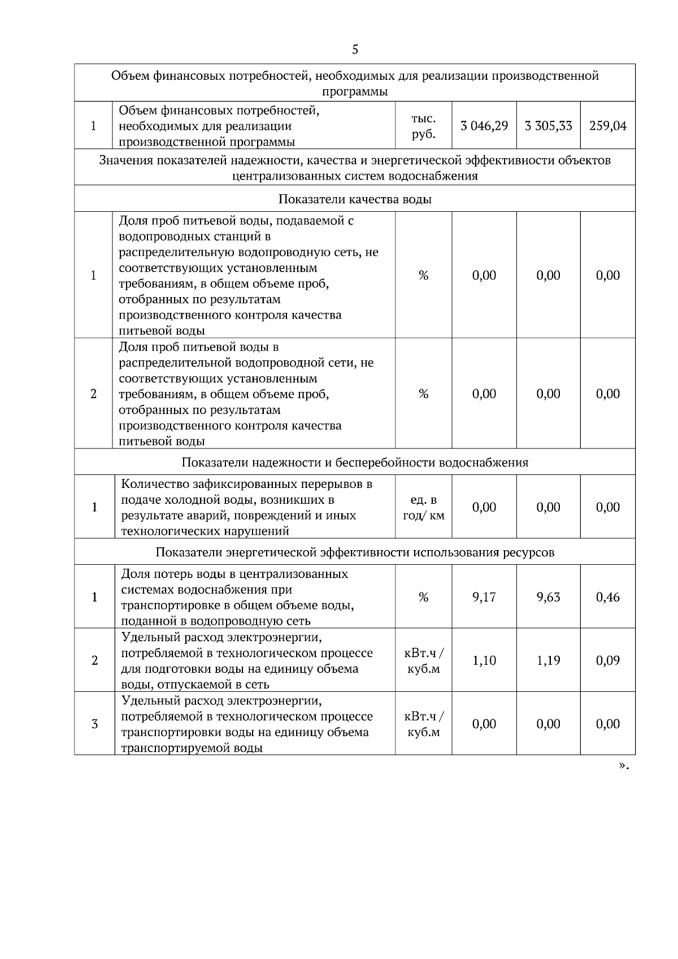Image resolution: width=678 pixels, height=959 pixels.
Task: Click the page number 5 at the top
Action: [355, 50]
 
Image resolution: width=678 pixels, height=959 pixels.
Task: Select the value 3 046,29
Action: [484, 126]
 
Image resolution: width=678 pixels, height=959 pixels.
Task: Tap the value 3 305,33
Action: [548, 126]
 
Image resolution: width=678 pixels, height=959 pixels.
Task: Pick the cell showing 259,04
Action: [608, 126]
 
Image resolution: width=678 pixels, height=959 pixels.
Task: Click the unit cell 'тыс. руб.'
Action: [423, 127]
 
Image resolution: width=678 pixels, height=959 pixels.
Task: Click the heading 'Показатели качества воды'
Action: [355, 199]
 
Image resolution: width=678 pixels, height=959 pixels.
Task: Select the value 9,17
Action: [484, 597]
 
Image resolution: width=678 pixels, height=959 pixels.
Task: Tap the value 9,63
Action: [548, 597]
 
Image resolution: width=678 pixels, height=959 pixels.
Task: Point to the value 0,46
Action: [608, 597]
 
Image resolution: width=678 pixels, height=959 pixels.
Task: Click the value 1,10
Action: [484, 660]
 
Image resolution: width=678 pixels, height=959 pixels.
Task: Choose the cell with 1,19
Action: [548, 660]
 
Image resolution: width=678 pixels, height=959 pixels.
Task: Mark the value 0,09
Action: [608, 660]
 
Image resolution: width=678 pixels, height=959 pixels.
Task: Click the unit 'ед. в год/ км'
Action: [423, 507]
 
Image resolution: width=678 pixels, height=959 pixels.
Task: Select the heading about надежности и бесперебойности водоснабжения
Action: [355, 463]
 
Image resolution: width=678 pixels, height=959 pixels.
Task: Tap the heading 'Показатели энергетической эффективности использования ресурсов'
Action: [355, 552]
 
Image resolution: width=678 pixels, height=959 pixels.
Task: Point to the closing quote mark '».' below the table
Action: [624, 766]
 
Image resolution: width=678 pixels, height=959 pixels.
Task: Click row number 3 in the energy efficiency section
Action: [94, 724]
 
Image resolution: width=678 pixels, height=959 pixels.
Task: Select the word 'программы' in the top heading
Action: [355, 91]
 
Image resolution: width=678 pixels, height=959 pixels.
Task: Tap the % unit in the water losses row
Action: [423, 597]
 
